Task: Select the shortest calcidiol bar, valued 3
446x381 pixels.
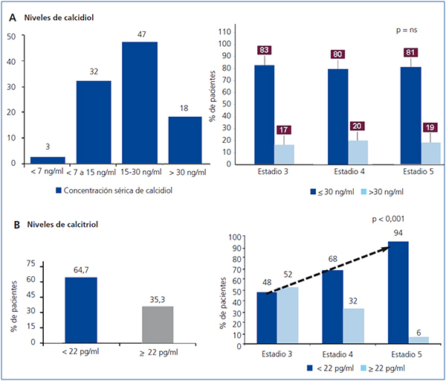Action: pos(48,159)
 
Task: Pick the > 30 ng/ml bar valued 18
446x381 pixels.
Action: pos(186,139)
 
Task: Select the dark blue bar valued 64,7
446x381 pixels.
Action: pos(81,310)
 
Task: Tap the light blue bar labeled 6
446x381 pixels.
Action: pos(419,339)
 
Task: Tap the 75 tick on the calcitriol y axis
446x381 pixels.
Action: pos(30,263)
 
